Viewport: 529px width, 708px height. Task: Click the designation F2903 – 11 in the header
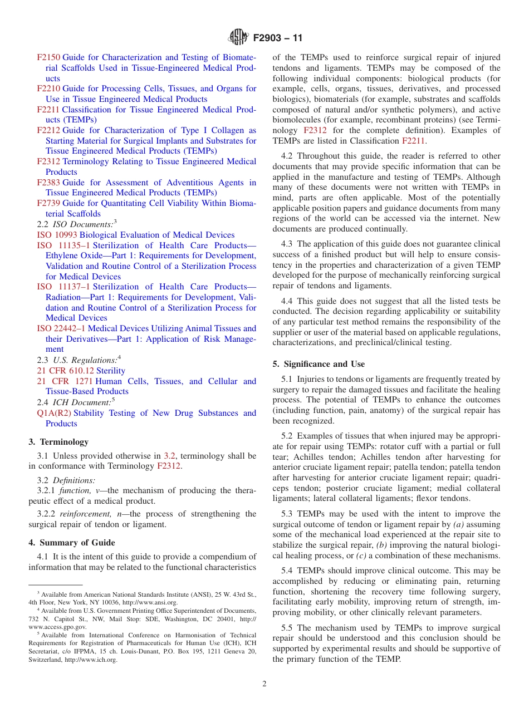[x=278, y=38]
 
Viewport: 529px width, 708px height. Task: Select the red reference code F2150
[x=48, y=57]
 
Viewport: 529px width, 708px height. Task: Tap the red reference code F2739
[x=48, y=203]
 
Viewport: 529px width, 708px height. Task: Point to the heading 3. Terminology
[x=58, y=442]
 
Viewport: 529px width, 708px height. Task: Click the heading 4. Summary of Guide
[x=72, y=543]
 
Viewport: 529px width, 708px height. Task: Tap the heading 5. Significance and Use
[x=319, y=364]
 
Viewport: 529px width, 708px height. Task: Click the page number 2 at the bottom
[x=264, y=684]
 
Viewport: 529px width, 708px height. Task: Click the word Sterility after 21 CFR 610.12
[x=111, y=371]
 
